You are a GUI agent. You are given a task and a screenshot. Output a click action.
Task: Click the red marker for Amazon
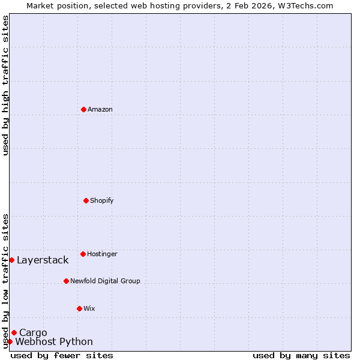coord(83,109)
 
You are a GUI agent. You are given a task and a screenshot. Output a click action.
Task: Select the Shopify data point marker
coord(86,200)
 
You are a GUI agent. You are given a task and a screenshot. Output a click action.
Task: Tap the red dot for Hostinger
coord(83,254)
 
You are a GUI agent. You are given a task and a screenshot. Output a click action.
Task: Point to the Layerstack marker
coord(11,260)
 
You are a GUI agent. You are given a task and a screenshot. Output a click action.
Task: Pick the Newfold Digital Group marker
coord(66,281)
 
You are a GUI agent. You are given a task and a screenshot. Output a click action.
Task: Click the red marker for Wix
coord(79,308)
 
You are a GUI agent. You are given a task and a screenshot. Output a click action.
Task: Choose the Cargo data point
coord(14,332)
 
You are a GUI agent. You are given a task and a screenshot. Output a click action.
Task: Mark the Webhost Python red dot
coord(10,341)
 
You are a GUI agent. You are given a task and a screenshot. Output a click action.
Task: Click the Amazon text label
coord(100,109)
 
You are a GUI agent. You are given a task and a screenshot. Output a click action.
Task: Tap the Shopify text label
coord(102,200)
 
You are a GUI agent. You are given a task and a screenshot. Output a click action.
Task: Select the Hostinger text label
coord(102,254)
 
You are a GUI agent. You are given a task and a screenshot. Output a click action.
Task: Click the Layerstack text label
coord(43,260)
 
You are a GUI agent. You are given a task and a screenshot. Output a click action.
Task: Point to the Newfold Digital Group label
coord(105,281)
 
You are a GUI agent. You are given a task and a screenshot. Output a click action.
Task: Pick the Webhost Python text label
coord(54,342)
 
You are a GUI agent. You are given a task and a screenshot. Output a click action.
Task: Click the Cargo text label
coord(33,333)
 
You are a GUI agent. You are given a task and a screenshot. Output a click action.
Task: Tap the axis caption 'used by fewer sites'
coord(62,356)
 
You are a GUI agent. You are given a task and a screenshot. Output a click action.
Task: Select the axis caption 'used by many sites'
coord(301,356)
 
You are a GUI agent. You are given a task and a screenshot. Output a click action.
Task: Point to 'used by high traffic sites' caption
coord(6,85)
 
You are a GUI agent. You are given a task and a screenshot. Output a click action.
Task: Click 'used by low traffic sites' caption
coord(6,281)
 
